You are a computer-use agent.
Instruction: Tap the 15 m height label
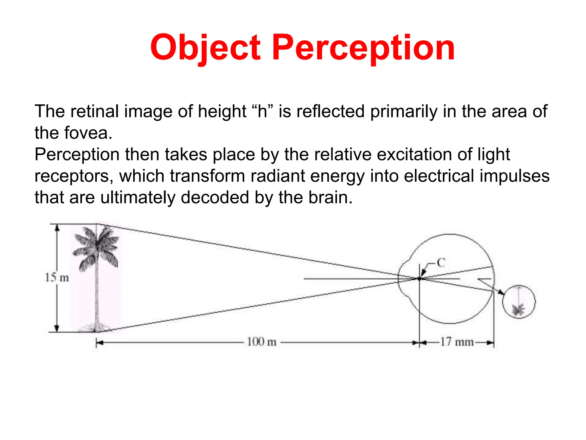[57, 278]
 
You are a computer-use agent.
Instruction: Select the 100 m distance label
[262, 342]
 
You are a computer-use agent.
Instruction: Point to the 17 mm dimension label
[457, 342]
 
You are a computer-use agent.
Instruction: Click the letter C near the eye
[441, 262]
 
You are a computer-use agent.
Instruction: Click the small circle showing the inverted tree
[519, 302]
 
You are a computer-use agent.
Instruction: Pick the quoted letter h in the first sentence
[262, 111]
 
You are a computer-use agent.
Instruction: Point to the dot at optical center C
[419, 278]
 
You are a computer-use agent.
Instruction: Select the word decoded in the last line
[215, 198]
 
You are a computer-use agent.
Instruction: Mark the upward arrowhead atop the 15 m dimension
[57, 228]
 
